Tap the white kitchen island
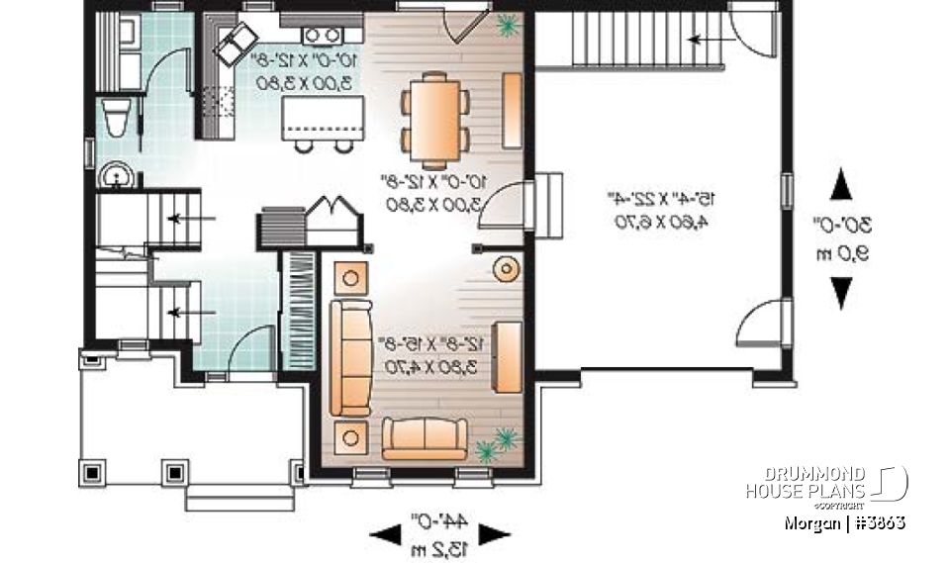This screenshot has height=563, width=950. [x=323, y=118]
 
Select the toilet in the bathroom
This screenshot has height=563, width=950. [x=114, y=118]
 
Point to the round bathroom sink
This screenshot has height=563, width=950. [x=116, y=177]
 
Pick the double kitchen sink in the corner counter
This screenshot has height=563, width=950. [x=238, y=42]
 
